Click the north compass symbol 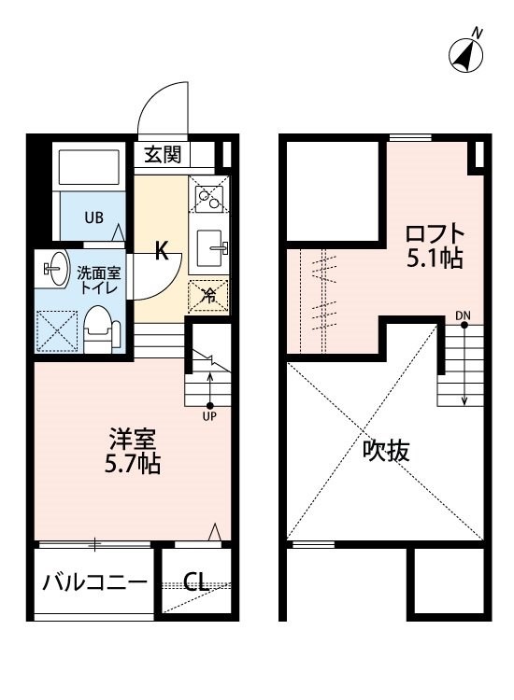pyautogui.click(x=466, y=52)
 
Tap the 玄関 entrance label pyautogui.click(x=163, y=154)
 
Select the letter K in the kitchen pyautogui.click(x=162, y=250)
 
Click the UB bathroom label pyautogui.click(x=94, y=217)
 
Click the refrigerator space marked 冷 pyautogui.click(x=208, y=296)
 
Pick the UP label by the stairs pyautogui.click(x=209, y=416)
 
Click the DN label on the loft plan pyautogui.click(x=463, y=315)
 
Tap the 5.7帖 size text pyautogui.click(x=133, y=464)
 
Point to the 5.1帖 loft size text pyautogui.click(x=434, y=258)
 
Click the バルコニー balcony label pyautogui.click(x=94, y=582)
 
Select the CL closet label pyautogui.click(x=195, y=581)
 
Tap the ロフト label pyautogui.click(x=435, y=232)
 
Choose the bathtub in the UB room pyautogui.click(x=90, y=167)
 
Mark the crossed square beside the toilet pyautogui.click(x=56, y=331)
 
